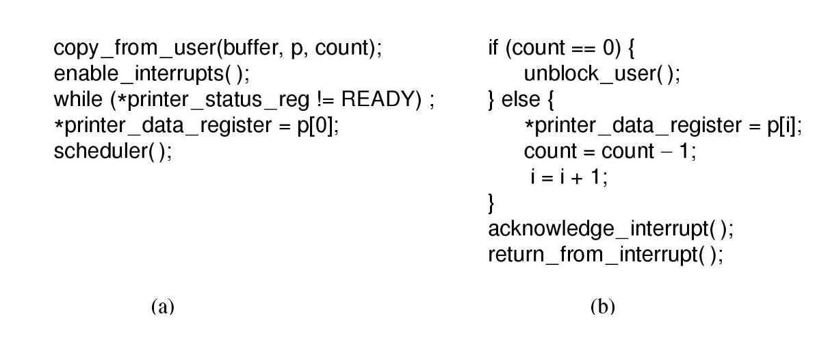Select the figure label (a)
pos(162,307)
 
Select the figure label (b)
pos(601,307)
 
